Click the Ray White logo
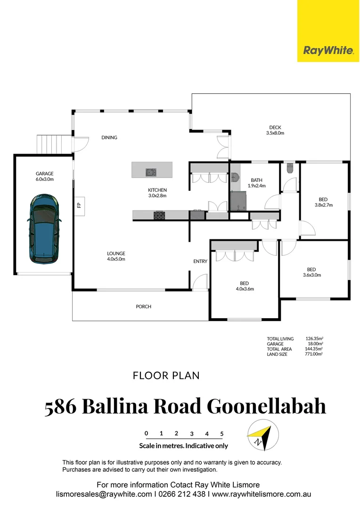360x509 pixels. (x=328, y=50)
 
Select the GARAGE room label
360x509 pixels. (x=45, y=176)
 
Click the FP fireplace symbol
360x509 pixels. (x=79, y=205)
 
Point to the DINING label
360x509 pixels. (x=109, y=138)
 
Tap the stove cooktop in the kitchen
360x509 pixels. (x=160, y=215)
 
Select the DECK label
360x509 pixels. (x=276, y=130)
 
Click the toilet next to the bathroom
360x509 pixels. (x=290, y=168)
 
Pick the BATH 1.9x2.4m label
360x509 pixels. (x=256, y=183)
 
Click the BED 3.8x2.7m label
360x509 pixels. (x=323, y=202)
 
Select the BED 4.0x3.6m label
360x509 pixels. (x=245, y=286)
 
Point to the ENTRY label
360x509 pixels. (x=200, y=262)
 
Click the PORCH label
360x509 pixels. (x=144, y=306)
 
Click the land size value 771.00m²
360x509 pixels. (x=314, y=354)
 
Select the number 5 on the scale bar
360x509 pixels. (x=221, y=434)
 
